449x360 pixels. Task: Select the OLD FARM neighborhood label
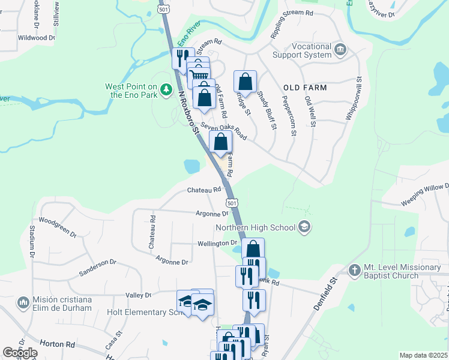point(306,88)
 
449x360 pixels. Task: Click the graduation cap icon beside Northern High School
point(304,227)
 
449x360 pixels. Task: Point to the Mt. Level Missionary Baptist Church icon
point(354,270)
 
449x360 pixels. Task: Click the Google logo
point(20,353)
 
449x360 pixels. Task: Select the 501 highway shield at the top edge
point(164,9)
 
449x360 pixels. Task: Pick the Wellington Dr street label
point(218,244)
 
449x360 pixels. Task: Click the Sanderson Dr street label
point(97,268)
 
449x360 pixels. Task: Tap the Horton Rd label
point(58,344)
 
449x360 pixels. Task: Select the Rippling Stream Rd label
point(292,22)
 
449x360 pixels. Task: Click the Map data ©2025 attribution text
point(423,355)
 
